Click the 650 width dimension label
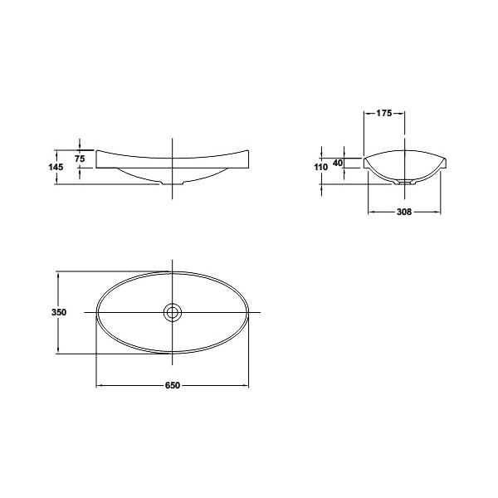[x=173, y=385]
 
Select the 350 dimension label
[x=59, y=312]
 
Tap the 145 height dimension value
[x=56, y=167]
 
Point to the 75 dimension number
[x=80, y=159]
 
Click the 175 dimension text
[x=384, y=113]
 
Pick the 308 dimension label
[x=404, y=212]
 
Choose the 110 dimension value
[x=320, y=167]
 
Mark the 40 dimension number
[x=338, y=163]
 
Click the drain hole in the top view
[x=172, y=313]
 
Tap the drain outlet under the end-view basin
[x=404, y=183]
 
